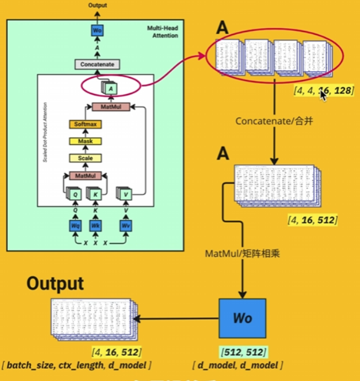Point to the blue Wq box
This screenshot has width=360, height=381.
tap(75, 226)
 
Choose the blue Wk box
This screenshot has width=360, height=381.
tap(96, 226)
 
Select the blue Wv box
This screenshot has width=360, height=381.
tap(126, 226)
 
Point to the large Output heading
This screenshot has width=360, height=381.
tap(56, 284)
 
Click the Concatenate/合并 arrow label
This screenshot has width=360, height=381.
tap(274, 120)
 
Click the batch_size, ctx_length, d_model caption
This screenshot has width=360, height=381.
tap(77, 365)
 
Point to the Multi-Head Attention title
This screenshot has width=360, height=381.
tap(163, 31)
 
